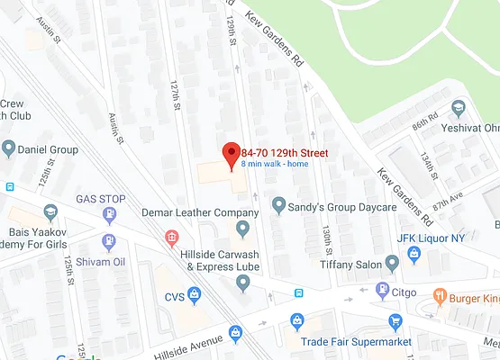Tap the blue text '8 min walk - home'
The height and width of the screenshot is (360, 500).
point(275,164)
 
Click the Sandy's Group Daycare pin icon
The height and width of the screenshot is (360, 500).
point(279,206)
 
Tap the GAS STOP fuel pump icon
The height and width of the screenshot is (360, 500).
point(110,215)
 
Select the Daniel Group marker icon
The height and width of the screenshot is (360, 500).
point(9,148)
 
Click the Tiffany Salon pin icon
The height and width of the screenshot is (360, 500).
point(392,263)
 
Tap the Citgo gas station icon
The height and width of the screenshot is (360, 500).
point(383,291)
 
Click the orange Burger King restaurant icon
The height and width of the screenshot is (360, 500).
point(440,295)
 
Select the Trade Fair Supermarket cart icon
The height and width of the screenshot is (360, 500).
point(395,321)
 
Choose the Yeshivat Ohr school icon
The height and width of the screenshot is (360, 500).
point(459,108)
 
